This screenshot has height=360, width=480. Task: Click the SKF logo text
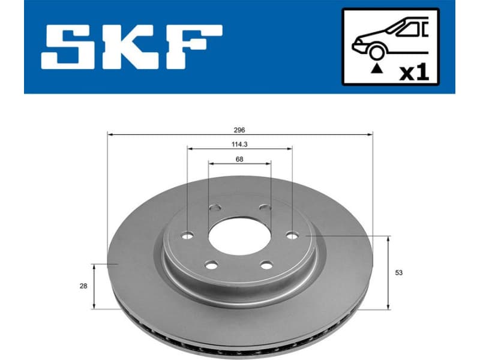pyautogui.click(x=131, y=46)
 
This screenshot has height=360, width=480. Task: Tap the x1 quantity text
pyautogui.click(x=414, y=73)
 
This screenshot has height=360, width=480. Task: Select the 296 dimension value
pyautogui.click(x=240, y=130)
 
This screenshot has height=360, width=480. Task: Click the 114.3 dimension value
pyautogui.click(x=239, y=144)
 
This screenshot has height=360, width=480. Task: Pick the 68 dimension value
pyautogui.click(x=239, y=159)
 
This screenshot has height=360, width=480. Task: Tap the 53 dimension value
pyautogui.click(x=398, y=273)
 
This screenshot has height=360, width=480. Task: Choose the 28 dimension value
pyautogui.click(x=83, y=286)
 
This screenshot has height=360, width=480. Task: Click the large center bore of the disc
pyautogui.click(x=239, y=235)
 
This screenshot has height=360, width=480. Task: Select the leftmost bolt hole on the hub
pyautogui.click(x=187, y=235)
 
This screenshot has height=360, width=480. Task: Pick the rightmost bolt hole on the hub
pyautogui.click(x=292, y=235)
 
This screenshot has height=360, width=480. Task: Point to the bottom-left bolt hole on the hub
pyautogui.click(x=209, y=263)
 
